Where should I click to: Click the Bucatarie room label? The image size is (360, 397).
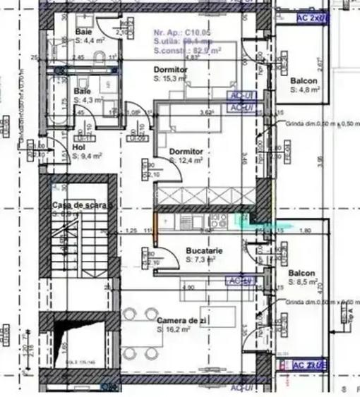[x=205, y=251]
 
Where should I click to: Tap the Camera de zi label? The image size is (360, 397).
[x=182, y=321]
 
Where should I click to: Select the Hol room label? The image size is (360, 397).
[x=78, y=147]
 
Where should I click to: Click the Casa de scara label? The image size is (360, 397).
[x=80, y=204]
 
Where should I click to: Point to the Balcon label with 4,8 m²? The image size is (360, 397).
[x=304, y=81]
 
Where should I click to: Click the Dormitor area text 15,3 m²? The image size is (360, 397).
[x=170, y=80]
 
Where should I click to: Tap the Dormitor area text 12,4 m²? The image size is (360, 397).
[x=186, y=161]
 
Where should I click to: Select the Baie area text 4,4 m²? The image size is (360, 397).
[x=89, y=40]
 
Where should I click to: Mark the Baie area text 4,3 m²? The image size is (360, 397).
[x=89, y=100]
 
